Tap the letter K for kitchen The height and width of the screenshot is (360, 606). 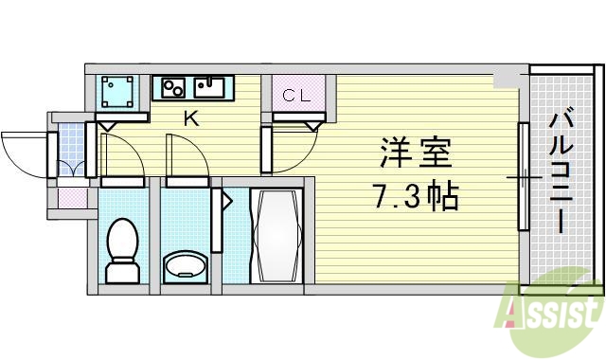pos(190,119)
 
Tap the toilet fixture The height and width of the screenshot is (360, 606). pos(121,252)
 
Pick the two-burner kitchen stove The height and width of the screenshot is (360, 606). pos(173,88)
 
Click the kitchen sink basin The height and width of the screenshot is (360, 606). pos(209,88)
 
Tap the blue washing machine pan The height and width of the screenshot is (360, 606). pos(118,93)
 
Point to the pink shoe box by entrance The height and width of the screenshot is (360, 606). pos(72,198)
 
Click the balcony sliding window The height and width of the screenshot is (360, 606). pos(522,176)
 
